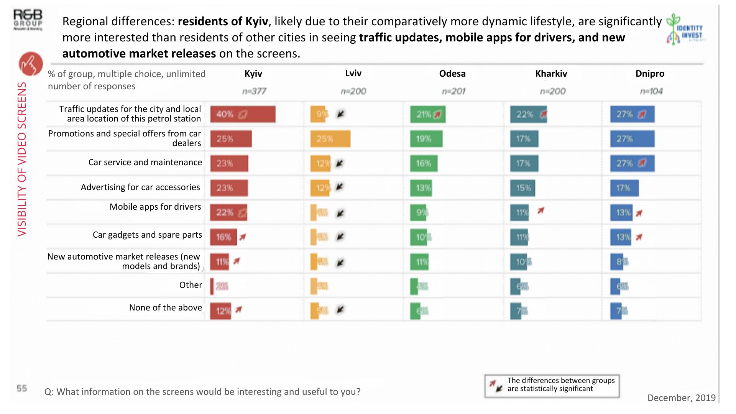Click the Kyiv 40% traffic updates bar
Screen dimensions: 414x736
coord(243,114)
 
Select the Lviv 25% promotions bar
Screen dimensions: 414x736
coord(330,139)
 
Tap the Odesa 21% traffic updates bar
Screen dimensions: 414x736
coord(428,114)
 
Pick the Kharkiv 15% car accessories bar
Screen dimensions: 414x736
coord(522,188)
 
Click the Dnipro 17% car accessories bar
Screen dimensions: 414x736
coord(624,188)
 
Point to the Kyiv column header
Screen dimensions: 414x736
coord(253,74)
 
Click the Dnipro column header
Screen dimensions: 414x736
coord(650,74)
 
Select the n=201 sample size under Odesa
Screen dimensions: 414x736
coord(453,91)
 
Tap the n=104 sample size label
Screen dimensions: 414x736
coord(651,91)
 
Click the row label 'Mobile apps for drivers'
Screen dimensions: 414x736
coord(155,207)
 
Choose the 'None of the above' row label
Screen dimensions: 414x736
coord(166,307)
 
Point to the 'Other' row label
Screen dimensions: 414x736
coord(191,285)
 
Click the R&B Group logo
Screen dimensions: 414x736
coord(28,20)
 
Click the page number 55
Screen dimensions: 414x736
coord(22,388)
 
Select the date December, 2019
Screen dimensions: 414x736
coord(681,398)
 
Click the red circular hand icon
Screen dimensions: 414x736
coord(31,64)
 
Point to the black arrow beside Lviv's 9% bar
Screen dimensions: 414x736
coord(340,114)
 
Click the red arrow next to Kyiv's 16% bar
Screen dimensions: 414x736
coord(243,237)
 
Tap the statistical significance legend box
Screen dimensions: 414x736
coord(552,386)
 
